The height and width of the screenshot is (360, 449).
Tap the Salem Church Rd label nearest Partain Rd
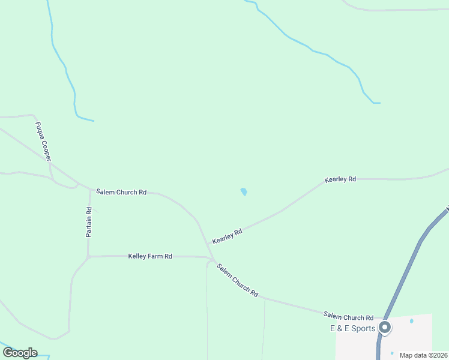pos(121,193)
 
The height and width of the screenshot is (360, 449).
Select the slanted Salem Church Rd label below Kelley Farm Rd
pos(238,281)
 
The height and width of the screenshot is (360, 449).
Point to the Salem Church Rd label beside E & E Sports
pos(348,316)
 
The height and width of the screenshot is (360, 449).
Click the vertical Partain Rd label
pos(89,222)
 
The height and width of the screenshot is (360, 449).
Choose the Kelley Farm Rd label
pos(150,256)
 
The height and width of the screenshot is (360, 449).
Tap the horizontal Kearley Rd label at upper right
pos(340,179)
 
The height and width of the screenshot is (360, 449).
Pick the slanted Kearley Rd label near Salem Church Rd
pos(227,236)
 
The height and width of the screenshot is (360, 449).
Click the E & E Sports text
pos(352,328)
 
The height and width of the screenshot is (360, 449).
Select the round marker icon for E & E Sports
pos(385,328)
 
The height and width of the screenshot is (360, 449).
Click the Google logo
pos(20,352)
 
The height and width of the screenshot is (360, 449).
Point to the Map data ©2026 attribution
pos(423,355)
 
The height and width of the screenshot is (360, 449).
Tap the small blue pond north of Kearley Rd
pos(244,192)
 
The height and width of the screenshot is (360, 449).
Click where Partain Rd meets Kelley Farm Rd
pos(88,257)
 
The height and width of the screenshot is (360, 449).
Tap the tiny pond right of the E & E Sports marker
pos(411,321)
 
